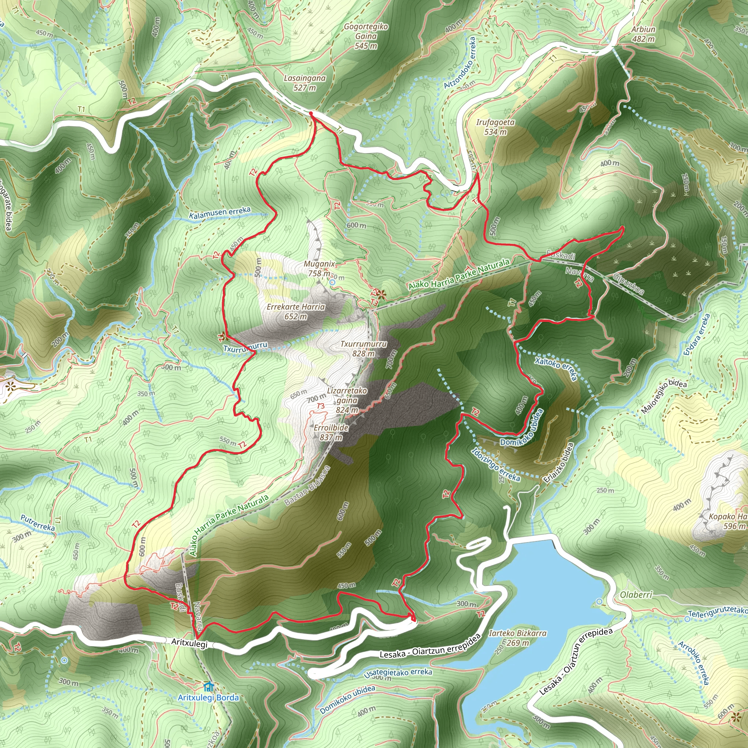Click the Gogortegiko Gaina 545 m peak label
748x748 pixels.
tap(366, 36)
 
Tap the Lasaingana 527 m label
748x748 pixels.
tap(305, 83)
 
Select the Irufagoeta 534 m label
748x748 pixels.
tap(495, 127)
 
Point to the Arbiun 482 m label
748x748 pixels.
tap(643, 34)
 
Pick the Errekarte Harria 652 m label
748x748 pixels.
tap(296, 311)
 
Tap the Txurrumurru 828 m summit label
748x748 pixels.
tap(363, 348)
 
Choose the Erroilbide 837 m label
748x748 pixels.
tap(331, 432)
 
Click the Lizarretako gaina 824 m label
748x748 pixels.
tap(347, 400)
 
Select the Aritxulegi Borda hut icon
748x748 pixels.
tap(208, 687)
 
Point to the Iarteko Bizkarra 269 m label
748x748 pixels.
tap(518, 638)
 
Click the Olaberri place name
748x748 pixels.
tap(636, 594)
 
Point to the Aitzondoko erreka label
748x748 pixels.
tap(459, 63)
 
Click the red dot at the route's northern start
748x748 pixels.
tap(311, 113)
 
